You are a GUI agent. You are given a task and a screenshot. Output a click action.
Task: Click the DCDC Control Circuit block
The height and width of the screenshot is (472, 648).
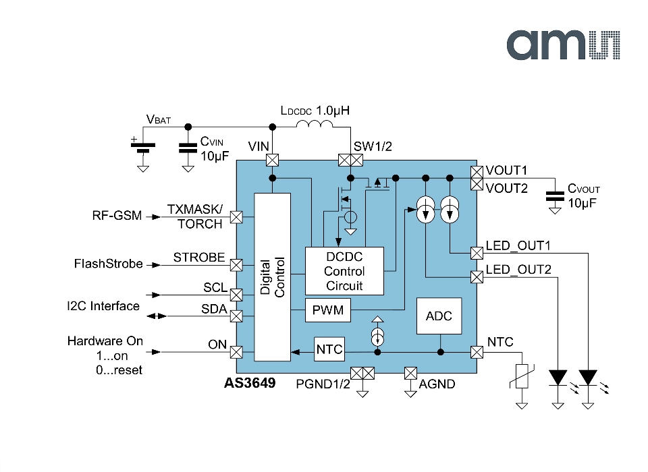point(344,271)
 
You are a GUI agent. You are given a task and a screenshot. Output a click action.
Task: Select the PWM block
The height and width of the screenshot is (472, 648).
point(328,309)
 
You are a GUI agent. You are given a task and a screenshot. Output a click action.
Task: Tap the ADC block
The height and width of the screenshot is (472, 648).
point(439,316)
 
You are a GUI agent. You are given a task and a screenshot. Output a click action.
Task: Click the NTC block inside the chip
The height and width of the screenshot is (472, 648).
point(329,349)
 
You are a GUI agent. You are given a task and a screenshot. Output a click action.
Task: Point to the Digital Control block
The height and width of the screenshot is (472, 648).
point(272,277)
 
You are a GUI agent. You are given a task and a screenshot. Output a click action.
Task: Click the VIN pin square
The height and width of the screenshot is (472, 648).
point(272,160)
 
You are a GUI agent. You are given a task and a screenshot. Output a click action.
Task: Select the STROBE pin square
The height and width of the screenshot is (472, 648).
point(236,265)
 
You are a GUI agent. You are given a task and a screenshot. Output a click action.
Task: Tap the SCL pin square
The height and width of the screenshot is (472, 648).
point(236,295)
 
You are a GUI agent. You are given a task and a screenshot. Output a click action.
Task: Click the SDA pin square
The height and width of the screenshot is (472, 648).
point(236,316)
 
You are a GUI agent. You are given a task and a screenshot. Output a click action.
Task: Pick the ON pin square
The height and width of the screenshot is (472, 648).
point(236,352)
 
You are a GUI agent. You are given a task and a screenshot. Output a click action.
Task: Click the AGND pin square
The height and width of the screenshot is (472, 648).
point(410,374)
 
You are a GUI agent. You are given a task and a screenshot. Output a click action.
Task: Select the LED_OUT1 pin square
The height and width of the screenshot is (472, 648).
point(477,253)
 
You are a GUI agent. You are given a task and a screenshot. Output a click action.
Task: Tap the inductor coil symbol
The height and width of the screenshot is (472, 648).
point(315,123)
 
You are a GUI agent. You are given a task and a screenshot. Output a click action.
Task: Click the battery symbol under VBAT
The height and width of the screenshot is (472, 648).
point(143,148)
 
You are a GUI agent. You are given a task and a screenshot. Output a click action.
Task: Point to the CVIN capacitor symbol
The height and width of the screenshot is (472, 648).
point(188,148)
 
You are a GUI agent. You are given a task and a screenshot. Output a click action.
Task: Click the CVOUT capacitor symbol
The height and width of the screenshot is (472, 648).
point(555,196)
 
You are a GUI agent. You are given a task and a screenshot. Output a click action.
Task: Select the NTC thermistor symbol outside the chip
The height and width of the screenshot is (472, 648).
point(522,376)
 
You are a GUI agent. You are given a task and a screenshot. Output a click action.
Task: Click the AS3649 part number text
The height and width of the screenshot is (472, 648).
point(250,383)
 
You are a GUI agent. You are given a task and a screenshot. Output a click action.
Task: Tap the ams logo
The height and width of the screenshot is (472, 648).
point(563,45)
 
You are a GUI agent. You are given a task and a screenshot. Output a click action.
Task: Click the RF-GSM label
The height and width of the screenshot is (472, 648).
point(117,216)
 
